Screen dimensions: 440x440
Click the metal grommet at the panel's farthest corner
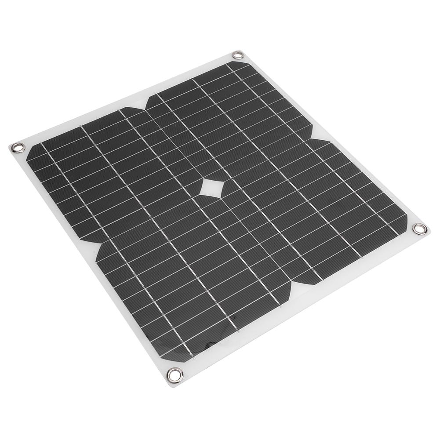(238, 55)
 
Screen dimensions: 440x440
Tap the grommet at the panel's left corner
(18, 148)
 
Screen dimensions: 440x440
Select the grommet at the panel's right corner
(419, 229)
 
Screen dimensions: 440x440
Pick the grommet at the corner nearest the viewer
(175, 375)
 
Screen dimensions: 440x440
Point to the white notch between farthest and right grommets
(319, 134)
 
